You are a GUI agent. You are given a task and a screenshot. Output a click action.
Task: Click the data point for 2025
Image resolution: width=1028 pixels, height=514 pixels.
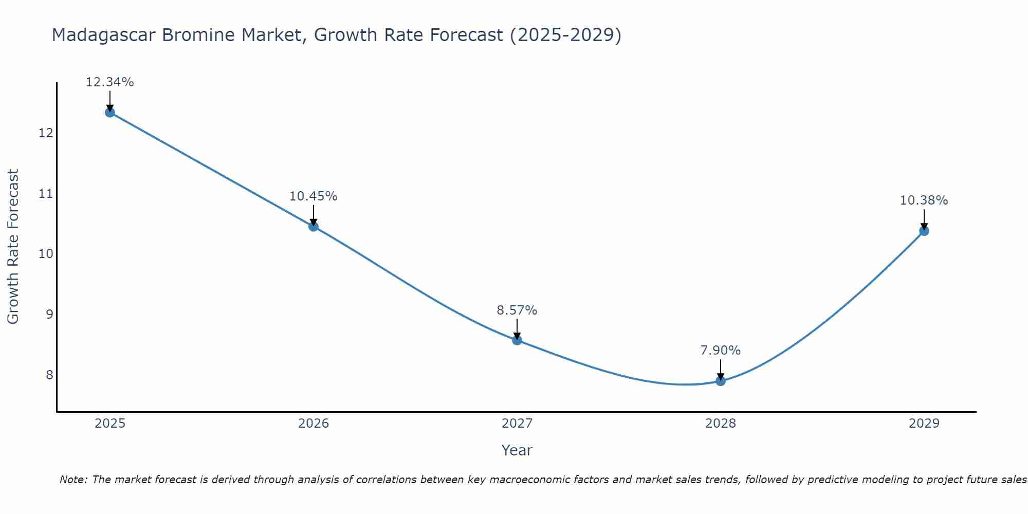[x=109, y=112]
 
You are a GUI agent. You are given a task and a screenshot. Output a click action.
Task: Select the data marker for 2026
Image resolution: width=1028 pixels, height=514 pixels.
[x=314, y=226]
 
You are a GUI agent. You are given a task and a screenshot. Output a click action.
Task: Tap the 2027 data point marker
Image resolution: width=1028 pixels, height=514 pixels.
[x=517, y=340]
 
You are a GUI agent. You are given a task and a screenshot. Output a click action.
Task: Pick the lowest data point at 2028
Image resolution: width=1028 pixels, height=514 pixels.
[x=721, y=380]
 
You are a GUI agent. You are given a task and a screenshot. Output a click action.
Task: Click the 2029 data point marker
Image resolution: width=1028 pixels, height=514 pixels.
[x=924, y=231]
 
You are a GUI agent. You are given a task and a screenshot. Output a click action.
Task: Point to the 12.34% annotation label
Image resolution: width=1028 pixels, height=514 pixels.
[x=109, y=82]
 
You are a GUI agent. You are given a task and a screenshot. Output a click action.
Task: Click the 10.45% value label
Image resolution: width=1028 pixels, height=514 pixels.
[x=314, y=196]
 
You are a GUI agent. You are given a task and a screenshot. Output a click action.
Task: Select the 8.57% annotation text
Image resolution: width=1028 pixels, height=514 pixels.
[x=517, y=310]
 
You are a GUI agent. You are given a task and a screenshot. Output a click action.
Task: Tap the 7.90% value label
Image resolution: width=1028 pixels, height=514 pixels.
[x=721, y=351]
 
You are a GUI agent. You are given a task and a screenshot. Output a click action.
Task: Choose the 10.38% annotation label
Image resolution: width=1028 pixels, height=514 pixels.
[x=924, y=200]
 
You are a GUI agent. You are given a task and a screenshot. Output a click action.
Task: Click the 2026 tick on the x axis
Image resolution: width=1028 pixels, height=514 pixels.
[x=314, y=424]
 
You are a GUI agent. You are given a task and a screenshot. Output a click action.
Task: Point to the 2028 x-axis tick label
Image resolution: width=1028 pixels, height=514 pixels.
[x=721, y=424]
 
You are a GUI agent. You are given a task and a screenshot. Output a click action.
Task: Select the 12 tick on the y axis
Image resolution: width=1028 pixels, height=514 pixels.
[x=46, y=133]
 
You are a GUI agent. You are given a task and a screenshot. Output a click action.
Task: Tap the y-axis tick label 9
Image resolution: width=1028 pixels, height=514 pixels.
[x=49, y=314]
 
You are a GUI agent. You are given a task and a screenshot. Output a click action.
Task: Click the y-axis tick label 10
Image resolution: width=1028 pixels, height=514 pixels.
[x=46, y=254]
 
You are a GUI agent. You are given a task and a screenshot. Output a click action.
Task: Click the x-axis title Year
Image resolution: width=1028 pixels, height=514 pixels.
[x=517, y=450]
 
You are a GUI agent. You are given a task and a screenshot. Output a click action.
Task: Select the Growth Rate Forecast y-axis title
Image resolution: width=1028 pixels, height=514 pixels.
[x=13, y=246]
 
